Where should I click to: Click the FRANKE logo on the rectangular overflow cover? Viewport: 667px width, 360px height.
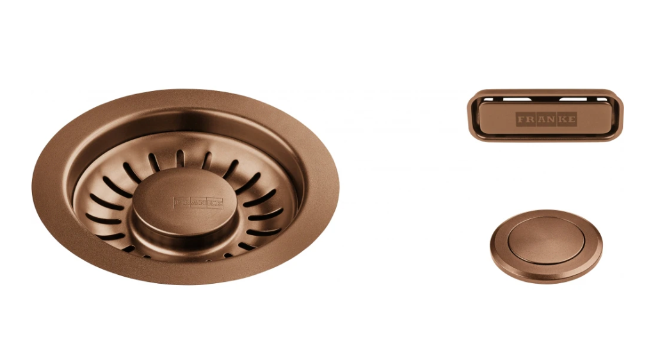click(x=547, y=119)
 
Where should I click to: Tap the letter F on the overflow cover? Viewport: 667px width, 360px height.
click(x=522, y=119)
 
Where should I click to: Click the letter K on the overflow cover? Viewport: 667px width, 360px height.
click(x=561, y=119)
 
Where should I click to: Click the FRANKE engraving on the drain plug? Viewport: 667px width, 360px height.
click(x=198, y=202)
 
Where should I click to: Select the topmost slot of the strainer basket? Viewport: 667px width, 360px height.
click(x=180, y=157)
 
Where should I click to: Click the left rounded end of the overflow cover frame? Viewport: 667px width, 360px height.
click(x=472, y=115)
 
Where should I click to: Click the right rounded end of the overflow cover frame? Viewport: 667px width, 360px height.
click(x=619, y=115)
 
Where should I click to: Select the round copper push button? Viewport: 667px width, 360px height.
click(x=546, y=246)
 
